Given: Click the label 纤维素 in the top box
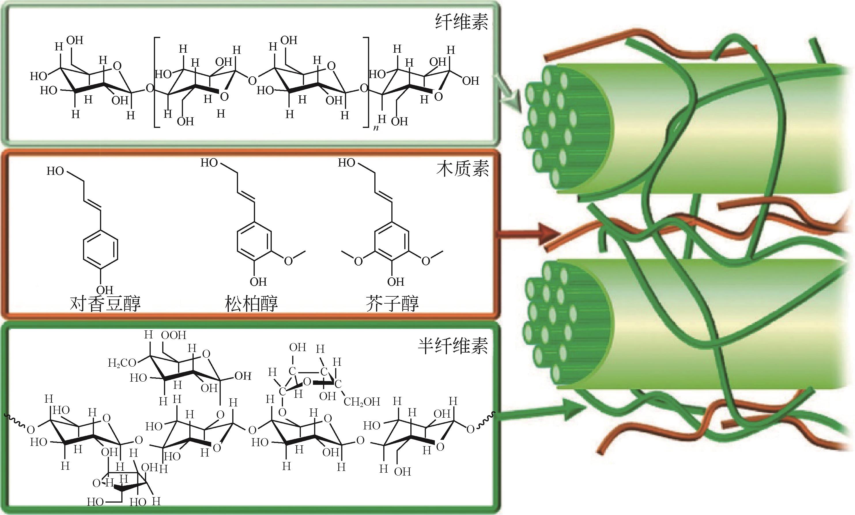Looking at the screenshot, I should click(x=462, y=22).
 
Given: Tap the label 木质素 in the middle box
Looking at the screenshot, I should click(x=462, y=169).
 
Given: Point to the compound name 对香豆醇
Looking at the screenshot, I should click(x=105, y=303).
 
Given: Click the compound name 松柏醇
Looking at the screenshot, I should click(x=251, y=303).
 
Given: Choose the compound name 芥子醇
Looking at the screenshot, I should click(x=392, y=303).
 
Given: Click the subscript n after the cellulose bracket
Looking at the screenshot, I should click(x=376, y=128).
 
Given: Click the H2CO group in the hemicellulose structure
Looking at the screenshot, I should click(x=122, y=363).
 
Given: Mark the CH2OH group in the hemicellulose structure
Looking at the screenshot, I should click(x=362, y=402).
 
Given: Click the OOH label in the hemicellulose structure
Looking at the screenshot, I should click(x=173, y=335).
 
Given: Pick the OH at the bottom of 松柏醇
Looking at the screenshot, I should click(x=258, y=282).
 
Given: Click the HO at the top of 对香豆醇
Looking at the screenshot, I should click(x=56, y=171).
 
